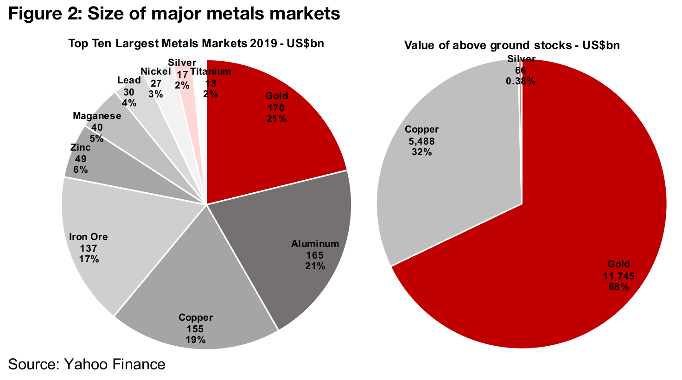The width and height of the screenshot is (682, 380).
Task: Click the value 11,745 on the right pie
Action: point(618,276)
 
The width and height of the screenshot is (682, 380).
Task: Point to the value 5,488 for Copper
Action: point(421,141)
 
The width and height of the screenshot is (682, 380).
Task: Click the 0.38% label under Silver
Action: point(520,81)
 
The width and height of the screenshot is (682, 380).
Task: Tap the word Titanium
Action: point(211,72)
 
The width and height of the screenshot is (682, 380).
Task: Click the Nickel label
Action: point(156,71)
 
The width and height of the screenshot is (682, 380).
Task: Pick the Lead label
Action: point(129,80)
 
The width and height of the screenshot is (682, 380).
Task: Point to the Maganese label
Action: point(97,116)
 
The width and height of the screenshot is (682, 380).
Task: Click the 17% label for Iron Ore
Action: point(89,259)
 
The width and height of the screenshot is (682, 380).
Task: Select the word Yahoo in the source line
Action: point(86,364)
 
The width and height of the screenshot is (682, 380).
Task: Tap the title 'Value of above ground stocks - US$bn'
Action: point(512,45)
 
